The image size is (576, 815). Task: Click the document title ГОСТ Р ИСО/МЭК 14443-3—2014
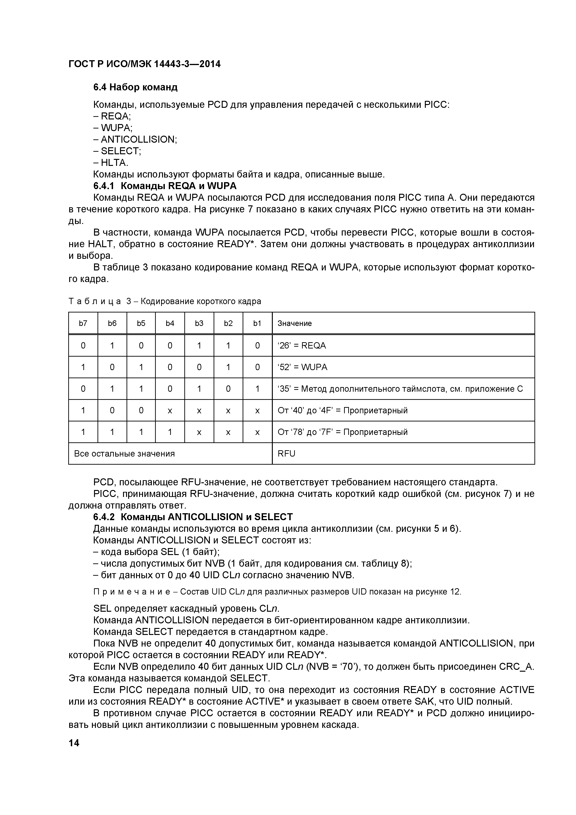[144, 64]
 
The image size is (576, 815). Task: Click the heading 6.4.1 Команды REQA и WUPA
[165, 186]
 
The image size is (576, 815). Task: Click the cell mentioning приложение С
[400, 389]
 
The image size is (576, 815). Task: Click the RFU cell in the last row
[286, 454]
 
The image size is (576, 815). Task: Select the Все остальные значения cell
[124, 454]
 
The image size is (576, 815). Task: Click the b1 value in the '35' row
[257, 389]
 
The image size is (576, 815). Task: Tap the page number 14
[74, 743]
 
